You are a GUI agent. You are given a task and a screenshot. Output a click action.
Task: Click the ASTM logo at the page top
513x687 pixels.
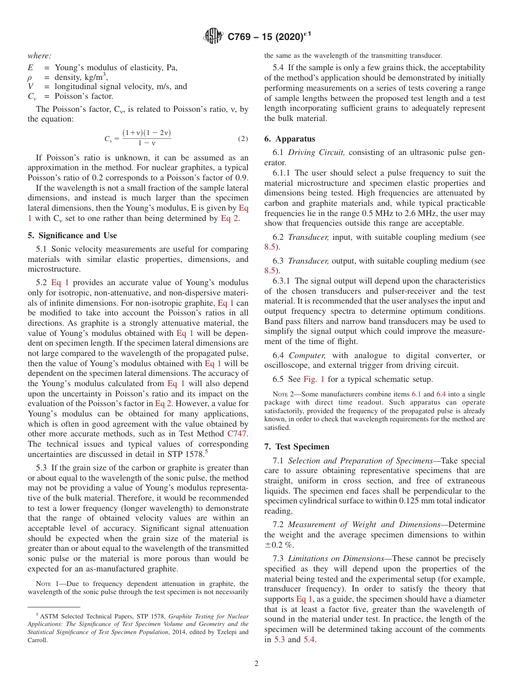pos(213,37)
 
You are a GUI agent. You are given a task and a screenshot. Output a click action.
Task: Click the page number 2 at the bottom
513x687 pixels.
pos(256,663)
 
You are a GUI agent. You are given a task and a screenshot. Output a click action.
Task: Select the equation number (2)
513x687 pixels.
pos(243,139)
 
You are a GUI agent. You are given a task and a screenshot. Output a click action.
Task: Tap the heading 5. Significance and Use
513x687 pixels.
pos(72,235)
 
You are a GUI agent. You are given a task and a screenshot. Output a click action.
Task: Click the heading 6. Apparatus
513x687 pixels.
pos(289,139)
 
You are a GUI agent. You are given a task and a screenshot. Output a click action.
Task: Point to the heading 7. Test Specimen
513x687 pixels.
pos(296,447)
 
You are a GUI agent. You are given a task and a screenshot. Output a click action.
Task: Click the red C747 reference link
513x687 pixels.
pos(238,434)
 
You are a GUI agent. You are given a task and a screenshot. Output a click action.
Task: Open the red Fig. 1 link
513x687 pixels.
pos(314,379)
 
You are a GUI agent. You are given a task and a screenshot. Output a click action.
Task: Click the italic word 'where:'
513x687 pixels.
pos(39,56)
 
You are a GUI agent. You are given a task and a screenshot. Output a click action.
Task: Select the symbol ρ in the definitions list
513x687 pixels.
pos(30,77)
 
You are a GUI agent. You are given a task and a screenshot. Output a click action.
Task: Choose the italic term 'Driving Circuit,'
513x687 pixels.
pos(317,153)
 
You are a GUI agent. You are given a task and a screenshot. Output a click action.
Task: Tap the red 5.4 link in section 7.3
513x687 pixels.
pos(309,640)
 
